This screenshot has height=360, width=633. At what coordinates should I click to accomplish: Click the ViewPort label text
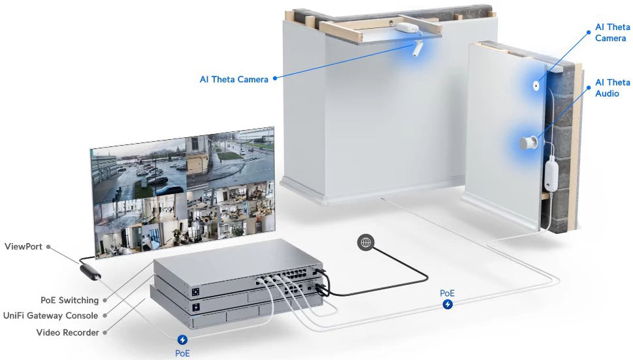click(23, 246)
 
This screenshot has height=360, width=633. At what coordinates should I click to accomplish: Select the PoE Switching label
click(69, 301)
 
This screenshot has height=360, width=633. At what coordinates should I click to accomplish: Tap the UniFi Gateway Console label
click(50, 316)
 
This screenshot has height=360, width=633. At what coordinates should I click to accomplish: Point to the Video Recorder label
click(67, 333)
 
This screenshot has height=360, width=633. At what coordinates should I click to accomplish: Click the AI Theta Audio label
click(612, 88)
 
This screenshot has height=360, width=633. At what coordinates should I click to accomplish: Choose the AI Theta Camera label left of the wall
click(234, 80)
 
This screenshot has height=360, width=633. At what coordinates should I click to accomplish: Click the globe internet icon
click(366, 242)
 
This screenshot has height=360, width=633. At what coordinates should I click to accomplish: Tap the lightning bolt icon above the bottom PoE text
click(182, 340)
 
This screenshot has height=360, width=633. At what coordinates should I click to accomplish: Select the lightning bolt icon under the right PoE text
click(447, 304)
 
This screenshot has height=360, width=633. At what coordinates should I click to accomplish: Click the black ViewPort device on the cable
click(90, 272)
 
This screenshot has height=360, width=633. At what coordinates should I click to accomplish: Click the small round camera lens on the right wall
click(536, 86)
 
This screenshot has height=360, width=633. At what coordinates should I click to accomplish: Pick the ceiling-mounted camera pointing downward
click(417, 48)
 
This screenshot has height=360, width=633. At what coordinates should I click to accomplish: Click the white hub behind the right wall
click(551, 174)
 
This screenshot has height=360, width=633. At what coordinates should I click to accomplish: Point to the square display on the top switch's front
click(196, 292)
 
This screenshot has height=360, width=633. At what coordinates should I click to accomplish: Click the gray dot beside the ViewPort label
click(48, 246)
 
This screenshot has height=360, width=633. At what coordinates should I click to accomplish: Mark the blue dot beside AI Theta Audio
click(589, 88)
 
